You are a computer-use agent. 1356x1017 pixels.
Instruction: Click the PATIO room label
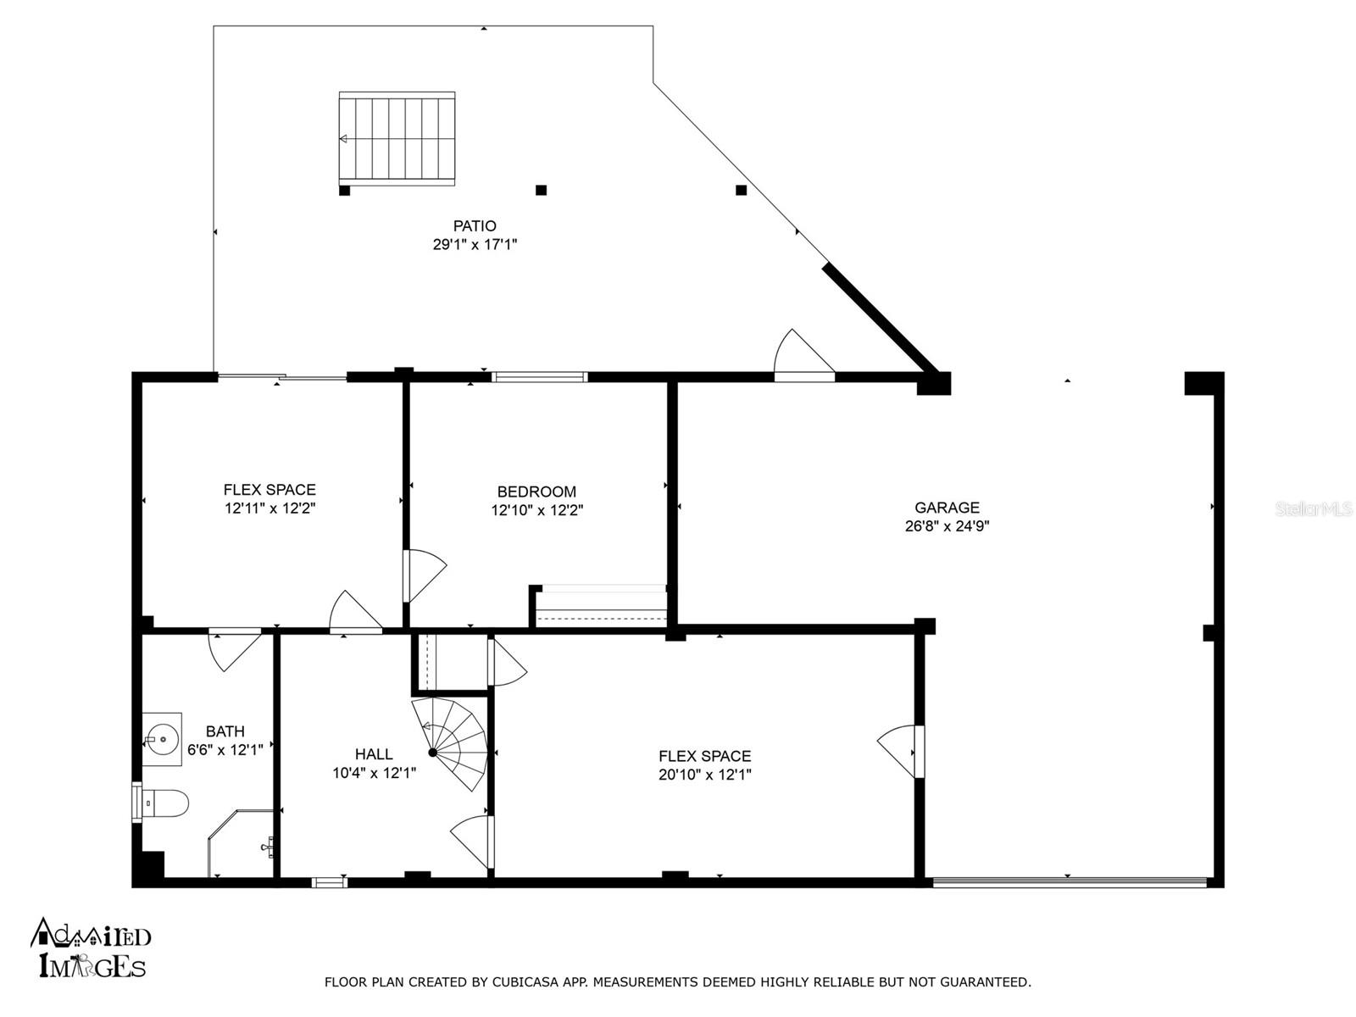[x=474, y=226]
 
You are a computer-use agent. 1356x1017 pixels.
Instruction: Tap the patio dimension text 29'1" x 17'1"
[x=474, y=245]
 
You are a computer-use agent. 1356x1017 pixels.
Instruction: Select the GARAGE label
[x=947, y=508]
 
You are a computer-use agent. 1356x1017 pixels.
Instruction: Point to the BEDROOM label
[x=536, y=492]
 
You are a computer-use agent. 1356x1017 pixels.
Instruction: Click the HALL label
[x=374, y=754]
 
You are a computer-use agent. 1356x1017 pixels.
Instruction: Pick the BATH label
[x=225, y=731]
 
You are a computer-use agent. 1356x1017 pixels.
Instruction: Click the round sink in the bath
[x=163, y=738]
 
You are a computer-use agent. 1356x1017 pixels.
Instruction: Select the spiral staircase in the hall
[x=450, y=743]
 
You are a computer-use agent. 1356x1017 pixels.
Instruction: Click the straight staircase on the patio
[x=397, y=138]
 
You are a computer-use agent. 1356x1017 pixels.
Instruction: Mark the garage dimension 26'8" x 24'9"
[x=947, y=526]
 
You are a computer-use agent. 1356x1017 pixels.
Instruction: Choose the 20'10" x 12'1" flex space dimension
[x=704, y=775]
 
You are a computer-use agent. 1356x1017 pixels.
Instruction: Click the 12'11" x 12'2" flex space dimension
[x=270, y=508]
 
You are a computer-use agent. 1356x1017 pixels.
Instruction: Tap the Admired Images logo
[x=91, y=948]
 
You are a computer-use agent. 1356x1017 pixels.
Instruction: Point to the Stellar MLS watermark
[x=1314, y=508]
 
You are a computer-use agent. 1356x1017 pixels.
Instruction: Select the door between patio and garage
[x=804, y=356]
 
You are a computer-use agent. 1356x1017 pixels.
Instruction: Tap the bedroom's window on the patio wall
[x=539, y=376]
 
